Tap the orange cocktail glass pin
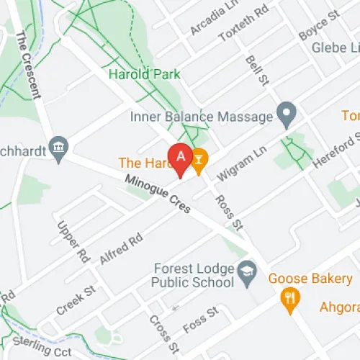click(x=199, y=157)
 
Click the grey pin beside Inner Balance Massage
click(x=287, y=114)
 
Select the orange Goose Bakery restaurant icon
click(x=291, y=298)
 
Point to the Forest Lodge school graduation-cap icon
click(x=248, y=271)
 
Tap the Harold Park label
click(x=144, y=74)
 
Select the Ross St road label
click(x=230, y=212)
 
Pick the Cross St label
click(x=159, y=331)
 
